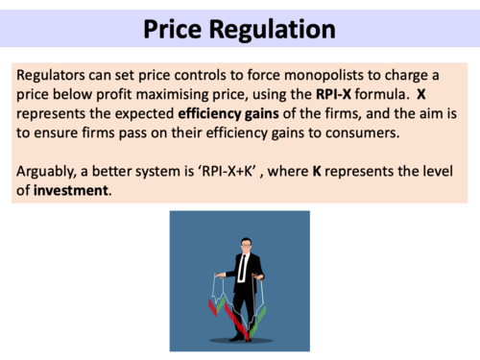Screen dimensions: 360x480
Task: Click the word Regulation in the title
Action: coord(278,30)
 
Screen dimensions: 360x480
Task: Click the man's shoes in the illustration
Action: coord(240,336)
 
